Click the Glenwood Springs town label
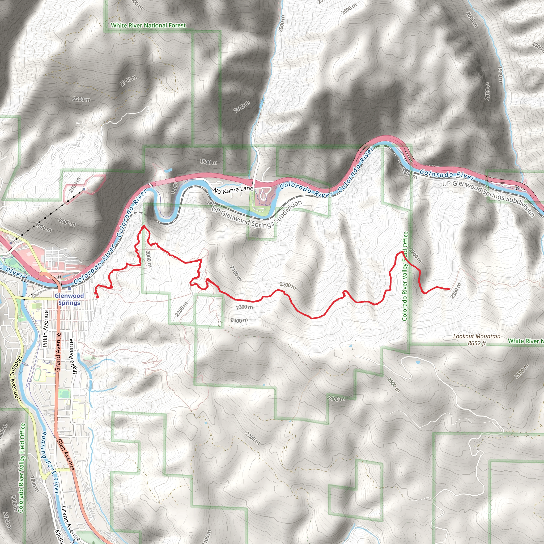point(69,299)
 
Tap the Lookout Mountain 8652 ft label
point(477,339)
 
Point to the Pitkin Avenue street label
point(45,329)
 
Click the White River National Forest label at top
point(148,25)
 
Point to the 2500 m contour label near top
point(349,9)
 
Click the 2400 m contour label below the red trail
point(239,320)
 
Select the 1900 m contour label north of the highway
point(208,162)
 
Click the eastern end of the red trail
point(449,289)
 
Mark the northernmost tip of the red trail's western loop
point(144,226)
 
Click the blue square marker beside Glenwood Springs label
point(69,289)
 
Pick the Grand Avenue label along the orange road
point(58,352)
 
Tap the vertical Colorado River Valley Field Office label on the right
point(405,276)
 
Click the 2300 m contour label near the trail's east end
point(456,291)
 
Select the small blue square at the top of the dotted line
point(84,189)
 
